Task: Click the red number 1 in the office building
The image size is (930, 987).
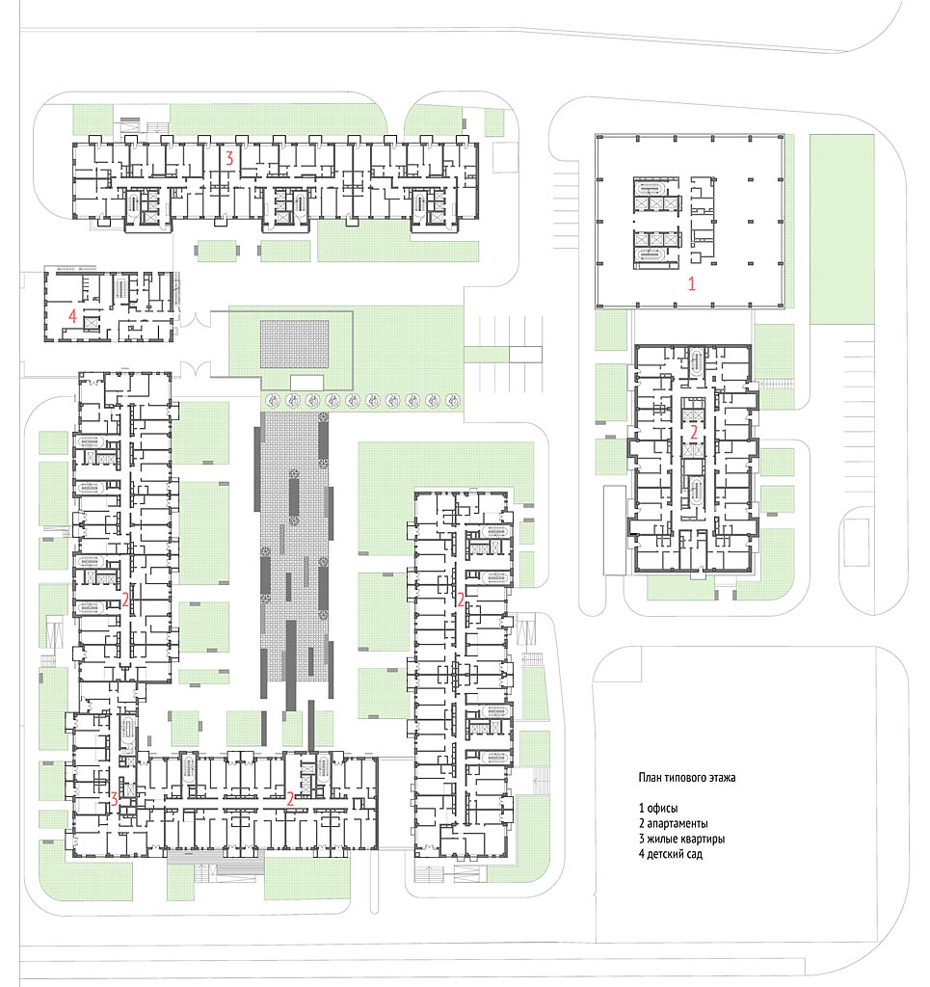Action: pyautogui.click(x=692, y=283)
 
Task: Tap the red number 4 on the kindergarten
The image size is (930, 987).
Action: pyautogui.click(x=72, y=315)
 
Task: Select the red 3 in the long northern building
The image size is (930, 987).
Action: pyautogui.click(x=229, y=159)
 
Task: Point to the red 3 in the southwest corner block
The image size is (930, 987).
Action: pyautogui.click(x=114, y=799)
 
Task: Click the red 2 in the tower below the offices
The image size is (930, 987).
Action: pyautogui.click(x=694, y=433)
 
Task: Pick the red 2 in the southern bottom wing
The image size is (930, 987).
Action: pyautogui.click(x=290, y=799)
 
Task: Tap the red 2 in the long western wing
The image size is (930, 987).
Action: pyautogui.click(x=126, y=600)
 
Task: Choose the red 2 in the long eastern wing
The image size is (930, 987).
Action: pyautogui.click(x=461, y=600)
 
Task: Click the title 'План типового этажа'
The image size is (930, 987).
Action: pyautogui.click(x=687, y=778)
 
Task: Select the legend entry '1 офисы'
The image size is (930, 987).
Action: pyautogui.click(x=658, y=809)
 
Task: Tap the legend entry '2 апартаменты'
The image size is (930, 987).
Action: pyautogui.click(x=674, y=823)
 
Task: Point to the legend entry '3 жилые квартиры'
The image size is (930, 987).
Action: pyautogui.click(x=681, y=839)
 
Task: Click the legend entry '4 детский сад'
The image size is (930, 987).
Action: pyautogui.click(x=671, y=854)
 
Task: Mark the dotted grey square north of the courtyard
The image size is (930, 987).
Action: pyautogui.click(x=295, y=344)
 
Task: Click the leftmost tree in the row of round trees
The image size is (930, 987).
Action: pyautogui.click(x=273, y=400)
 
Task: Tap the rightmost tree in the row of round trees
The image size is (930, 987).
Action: pyautogui.click(x=452, y=400)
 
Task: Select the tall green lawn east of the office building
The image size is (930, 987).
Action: pyautogui.click(x=842, y=229)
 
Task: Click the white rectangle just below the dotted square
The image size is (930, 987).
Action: pyautogui.click(x=307, y=382)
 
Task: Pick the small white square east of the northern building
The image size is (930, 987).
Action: pyautogui.click(x=505, y=157)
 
